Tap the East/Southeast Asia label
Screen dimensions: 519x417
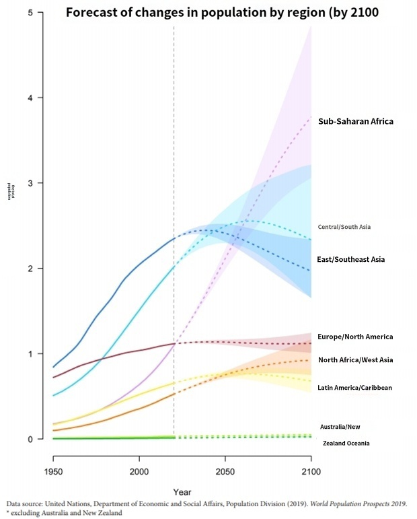click(x=350, y=259)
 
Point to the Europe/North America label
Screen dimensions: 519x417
click(x=355, y=337)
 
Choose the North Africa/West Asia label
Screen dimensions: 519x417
click(x=355, y=360)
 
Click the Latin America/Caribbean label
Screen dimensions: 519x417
click(x=354, y=388)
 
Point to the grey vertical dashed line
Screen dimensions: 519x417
click(x=174, y=202)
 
